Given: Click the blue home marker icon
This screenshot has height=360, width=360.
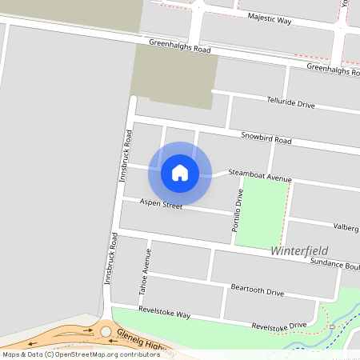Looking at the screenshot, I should [180, 173].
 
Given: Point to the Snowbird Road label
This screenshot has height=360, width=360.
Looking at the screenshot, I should [266, 138].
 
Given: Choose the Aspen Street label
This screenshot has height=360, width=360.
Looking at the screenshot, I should [161, 205].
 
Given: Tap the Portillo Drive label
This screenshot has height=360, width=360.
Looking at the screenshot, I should [237, 211].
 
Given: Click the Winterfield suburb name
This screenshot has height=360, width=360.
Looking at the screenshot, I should [300, 250].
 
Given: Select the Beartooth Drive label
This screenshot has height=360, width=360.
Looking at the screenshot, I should [257, 290].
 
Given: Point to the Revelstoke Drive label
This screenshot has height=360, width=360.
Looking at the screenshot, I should [278, 326].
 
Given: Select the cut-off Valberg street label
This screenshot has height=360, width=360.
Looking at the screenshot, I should [346, 227].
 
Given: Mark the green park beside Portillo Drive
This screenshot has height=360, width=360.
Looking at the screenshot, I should [262, 210].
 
